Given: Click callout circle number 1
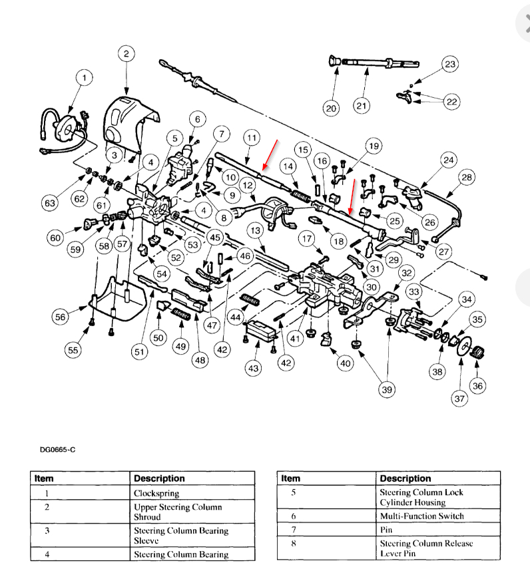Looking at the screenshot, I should coord(84,79).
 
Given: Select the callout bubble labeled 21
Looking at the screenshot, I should coord(360,106).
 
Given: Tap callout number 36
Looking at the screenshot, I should coord(477,386).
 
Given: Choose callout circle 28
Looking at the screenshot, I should coord(466,177).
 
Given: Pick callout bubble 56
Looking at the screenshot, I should coord(61,317).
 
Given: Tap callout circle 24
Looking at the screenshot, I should coord(447,160).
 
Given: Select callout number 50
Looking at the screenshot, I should coord(158,338).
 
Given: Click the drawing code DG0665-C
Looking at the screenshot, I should coord(57,450).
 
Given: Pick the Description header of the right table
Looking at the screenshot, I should coord(405,478).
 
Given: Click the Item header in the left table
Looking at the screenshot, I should coord(44,478).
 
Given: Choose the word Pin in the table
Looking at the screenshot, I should coord(387,530).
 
